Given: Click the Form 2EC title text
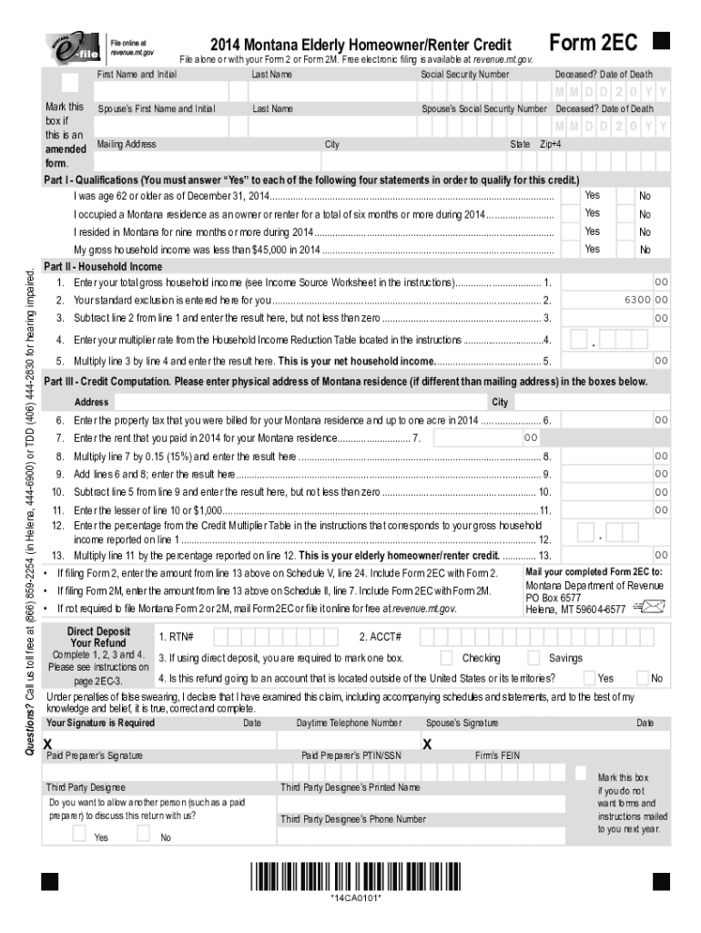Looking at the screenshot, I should [x=593, y=42].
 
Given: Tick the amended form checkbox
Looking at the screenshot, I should [x=69, y=82].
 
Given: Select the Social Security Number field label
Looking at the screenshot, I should [x=464, y=74].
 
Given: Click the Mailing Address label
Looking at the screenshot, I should [x=126, y=144].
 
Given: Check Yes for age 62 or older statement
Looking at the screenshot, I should [x=574, y=196].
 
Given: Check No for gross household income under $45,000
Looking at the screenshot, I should [x=625, y=249].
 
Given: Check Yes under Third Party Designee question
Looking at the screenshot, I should [x=79, y=834].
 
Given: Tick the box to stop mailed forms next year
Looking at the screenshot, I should [x=580, y=773].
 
